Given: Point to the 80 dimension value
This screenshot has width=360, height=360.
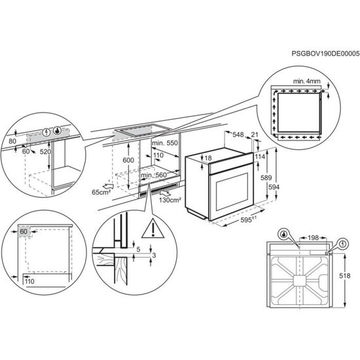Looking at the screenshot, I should click(12, 141).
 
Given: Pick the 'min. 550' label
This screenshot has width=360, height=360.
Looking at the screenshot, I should click(165, 142).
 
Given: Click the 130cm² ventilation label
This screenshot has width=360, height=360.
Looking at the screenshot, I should click(169, 200).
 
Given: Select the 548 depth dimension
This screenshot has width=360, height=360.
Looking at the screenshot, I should click(238, 134).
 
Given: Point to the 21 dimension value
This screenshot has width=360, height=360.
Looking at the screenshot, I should click(255, 134).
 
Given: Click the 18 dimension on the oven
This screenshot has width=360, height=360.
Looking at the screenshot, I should click(208, 158).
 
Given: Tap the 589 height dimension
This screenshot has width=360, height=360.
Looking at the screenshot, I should click(266, 178).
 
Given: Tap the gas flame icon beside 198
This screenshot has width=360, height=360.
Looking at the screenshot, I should click(284, 234).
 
